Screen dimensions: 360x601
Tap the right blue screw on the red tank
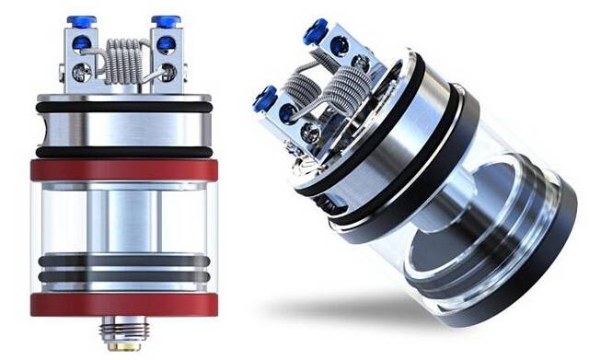pyautogui.click(x=166, y=20)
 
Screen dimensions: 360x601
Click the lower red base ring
pyautogui.click(x=124, y=304)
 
